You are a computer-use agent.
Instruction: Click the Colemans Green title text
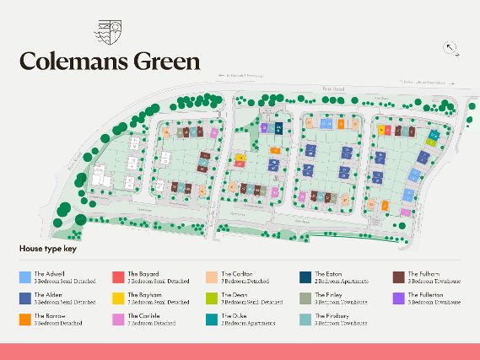pyautogui.click(x=110, y=61)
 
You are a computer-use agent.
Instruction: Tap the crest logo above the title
pyautogui.click(x=110, y=31)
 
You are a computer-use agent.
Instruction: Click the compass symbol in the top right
pyautogui.click(x=450, y=48)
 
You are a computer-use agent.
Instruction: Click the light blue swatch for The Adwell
pyautogui.click(x=25, y=277)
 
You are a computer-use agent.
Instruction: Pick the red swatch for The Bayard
pyautogui.click(x=118, y=277)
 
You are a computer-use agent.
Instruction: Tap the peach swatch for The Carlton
pyautogui.click(x=212, y=277)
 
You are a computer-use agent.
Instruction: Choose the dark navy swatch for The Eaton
pyautogui.click(x=305, y=277)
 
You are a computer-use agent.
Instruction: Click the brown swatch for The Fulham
pyautogui.click(x=398, y=277)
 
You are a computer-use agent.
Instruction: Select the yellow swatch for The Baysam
pyautogui.click(x=118, y=298)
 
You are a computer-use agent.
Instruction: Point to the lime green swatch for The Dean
pyautogui.click(x=212, y=298)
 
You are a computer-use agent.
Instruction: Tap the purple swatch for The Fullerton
pyautogui.click(x=398, y=298)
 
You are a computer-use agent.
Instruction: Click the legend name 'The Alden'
pyautogui.click(x=48, y=295)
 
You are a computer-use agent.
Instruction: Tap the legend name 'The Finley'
pyautogui.click(x=328, y=295)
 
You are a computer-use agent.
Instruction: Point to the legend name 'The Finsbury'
pyautogui.click(x=330, y=317)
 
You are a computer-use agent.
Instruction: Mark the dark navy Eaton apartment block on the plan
pyautogui.click(x=279, y=128)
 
